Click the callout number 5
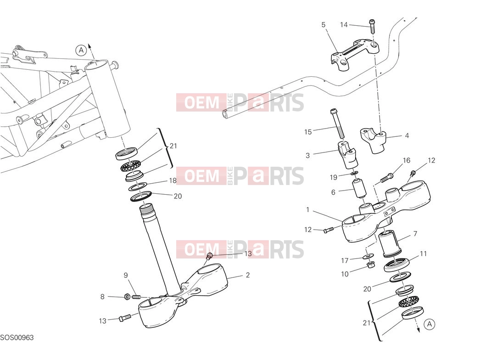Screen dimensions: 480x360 [x=323, y=24]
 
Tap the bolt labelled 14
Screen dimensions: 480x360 [x=372, y=26]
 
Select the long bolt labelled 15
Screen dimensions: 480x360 [x=337, y=123]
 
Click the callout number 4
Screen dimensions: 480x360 [x=407, y=135]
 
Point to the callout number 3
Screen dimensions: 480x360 [x=307, y=155]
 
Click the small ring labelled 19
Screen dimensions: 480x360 [x=355, y=174]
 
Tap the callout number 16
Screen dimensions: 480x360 [x=406, y=160]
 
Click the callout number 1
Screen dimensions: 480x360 [x=307, y=210]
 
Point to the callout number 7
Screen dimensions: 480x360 [x=415, y=234]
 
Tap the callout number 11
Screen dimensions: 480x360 [x=423, y=253]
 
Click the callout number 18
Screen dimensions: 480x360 [x=173, y=181]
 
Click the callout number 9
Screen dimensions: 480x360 [x=126, y=275]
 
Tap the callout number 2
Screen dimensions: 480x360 [x=248, y=275]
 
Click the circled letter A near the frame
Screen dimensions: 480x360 [x=81, y=50]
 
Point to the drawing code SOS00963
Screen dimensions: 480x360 [x=17, y=337]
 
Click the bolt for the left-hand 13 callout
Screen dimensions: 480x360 [x=125, y=318]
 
